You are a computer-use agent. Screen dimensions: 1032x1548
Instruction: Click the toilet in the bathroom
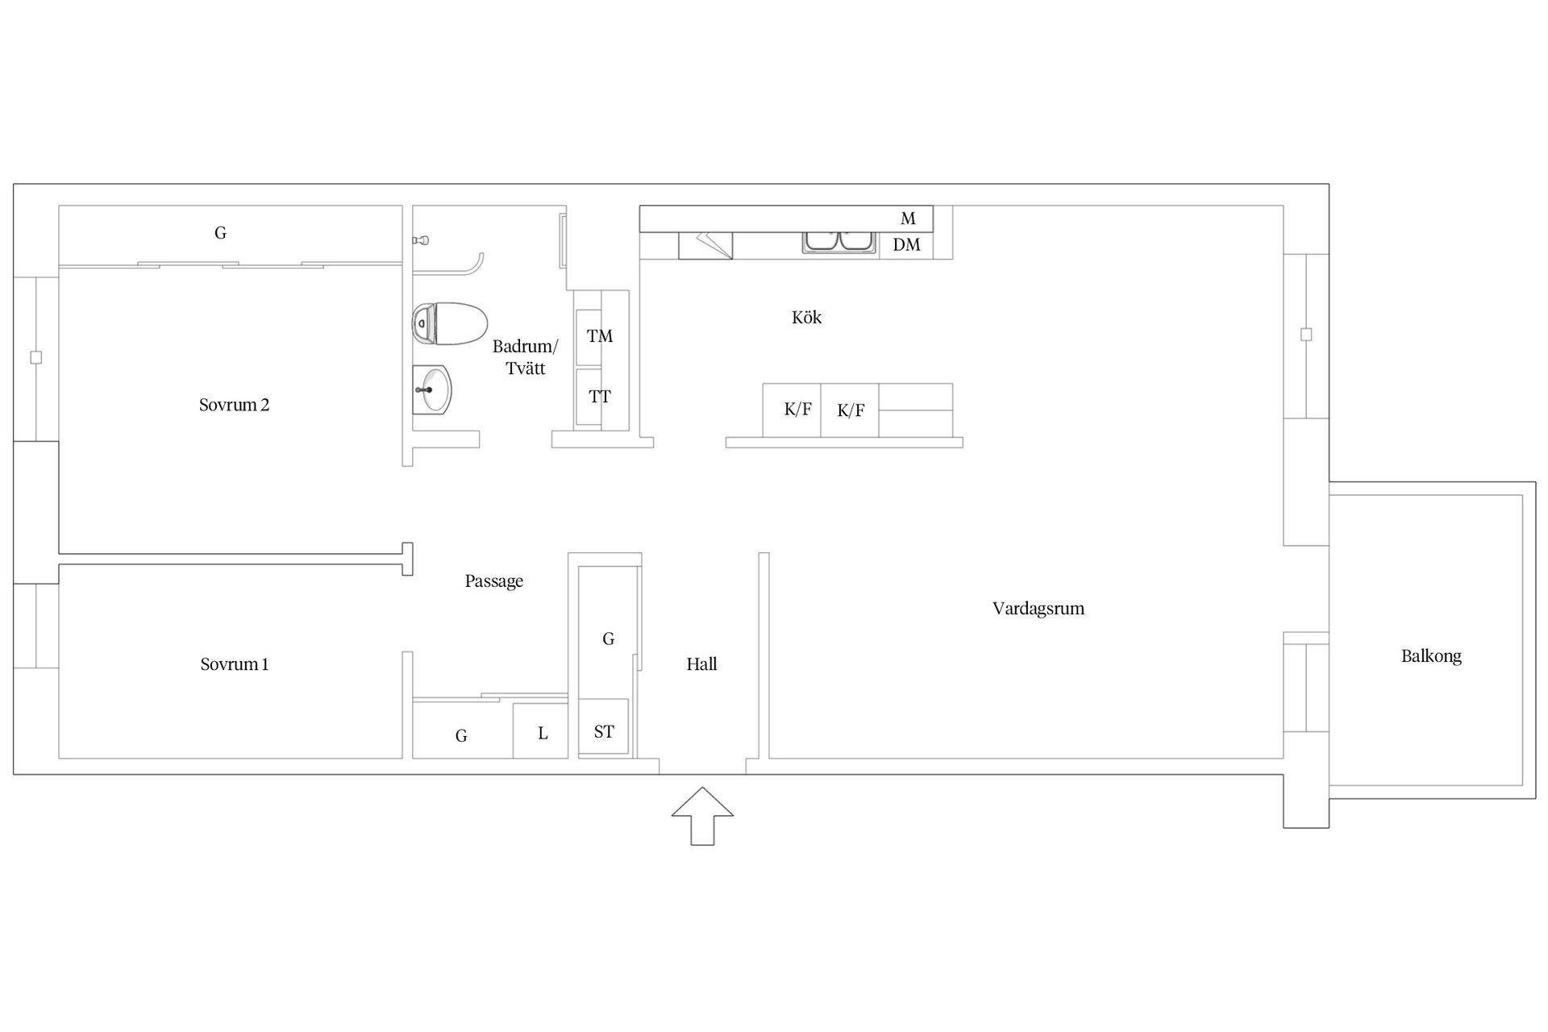click(x=449, y=323)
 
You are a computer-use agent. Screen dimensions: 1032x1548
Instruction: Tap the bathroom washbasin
click(x=432, y=390)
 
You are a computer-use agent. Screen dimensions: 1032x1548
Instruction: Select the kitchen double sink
click(x=839, y=241)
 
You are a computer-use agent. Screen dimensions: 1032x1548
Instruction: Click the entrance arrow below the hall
click(x=702, y=815)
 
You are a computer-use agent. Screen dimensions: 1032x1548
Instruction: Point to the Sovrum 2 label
click(x=234, y=405)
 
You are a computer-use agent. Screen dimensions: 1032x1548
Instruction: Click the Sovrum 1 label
click(x=234, y=664)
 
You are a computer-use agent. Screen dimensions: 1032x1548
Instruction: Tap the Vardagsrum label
click(x=1038, y=609)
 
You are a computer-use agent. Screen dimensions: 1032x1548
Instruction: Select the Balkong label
click(x=1431, y=656)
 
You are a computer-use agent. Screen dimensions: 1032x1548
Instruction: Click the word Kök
click(x=806, y=318)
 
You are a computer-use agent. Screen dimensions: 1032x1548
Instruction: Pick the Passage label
click(x=493, y=581)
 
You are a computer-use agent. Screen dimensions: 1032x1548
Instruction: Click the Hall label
click(x=701, y=664)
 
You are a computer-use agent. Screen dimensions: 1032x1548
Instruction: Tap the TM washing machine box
click(x=599, y=336)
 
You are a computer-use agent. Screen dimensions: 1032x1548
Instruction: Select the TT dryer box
click(x=599, y=397)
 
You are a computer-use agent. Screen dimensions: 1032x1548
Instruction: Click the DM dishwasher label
click(x=906, y=245)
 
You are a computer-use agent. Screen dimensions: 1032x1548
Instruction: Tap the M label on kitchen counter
click(x=908, y=218)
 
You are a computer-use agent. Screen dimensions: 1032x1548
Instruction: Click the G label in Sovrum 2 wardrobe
click(x=220, y=233)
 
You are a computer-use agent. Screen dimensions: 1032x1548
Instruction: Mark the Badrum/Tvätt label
click(x=525, y=357)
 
